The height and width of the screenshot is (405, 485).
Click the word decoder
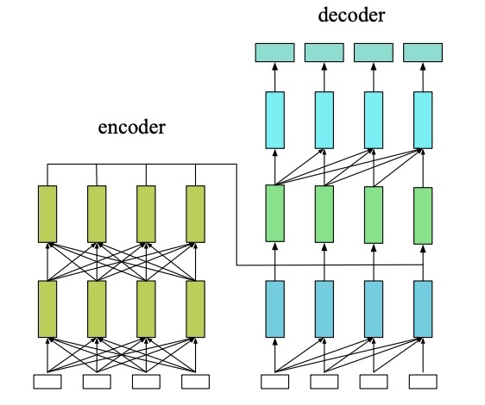coord(350,15)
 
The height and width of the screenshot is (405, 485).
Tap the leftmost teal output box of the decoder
coord(275,53)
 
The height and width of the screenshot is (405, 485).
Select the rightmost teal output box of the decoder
coord(423,53)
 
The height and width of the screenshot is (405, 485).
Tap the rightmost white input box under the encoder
coord(197,380)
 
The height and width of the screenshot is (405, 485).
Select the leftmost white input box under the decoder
coord(275,380)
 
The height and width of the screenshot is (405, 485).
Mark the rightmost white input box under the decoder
coord(423,380)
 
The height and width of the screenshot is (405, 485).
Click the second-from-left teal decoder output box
coord(324,53)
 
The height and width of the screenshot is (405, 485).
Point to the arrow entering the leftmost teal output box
coord(275,75)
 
